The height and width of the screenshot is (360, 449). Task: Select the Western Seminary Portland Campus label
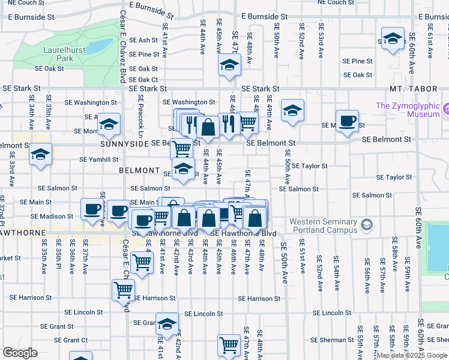click(x=323, y=226)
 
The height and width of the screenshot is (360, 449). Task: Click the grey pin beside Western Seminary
click(x=366, y=226)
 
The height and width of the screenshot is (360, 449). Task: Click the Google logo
click(x=20, y=352)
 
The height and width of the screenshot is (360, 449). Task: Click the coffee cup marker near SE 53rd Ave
click(x=347, y=121)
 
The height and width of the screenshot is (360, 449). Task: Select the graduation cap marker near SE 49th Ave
click(x=292, y=110)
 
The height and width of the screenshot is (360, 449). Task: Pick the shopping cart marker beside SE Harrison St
click(x=123, y=290)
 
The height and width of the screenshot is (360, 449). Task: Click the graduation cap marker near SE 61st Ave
click(x=393, y=40)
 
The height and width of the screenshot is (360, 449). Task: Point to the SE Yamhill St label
click(x=99, y=160)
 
